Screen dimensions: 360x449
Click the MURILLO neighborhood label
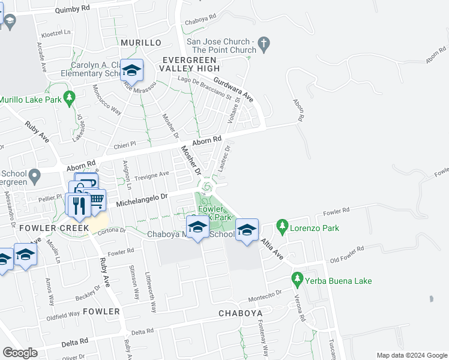click(x=141, y=43)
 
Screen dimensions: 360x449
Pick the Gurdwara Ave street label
click(x=234, y=90)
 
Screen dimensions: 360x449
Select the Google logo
click(x=20, y=353)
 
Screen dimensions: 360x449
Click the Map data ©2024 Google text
click(x=412, y=355)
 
